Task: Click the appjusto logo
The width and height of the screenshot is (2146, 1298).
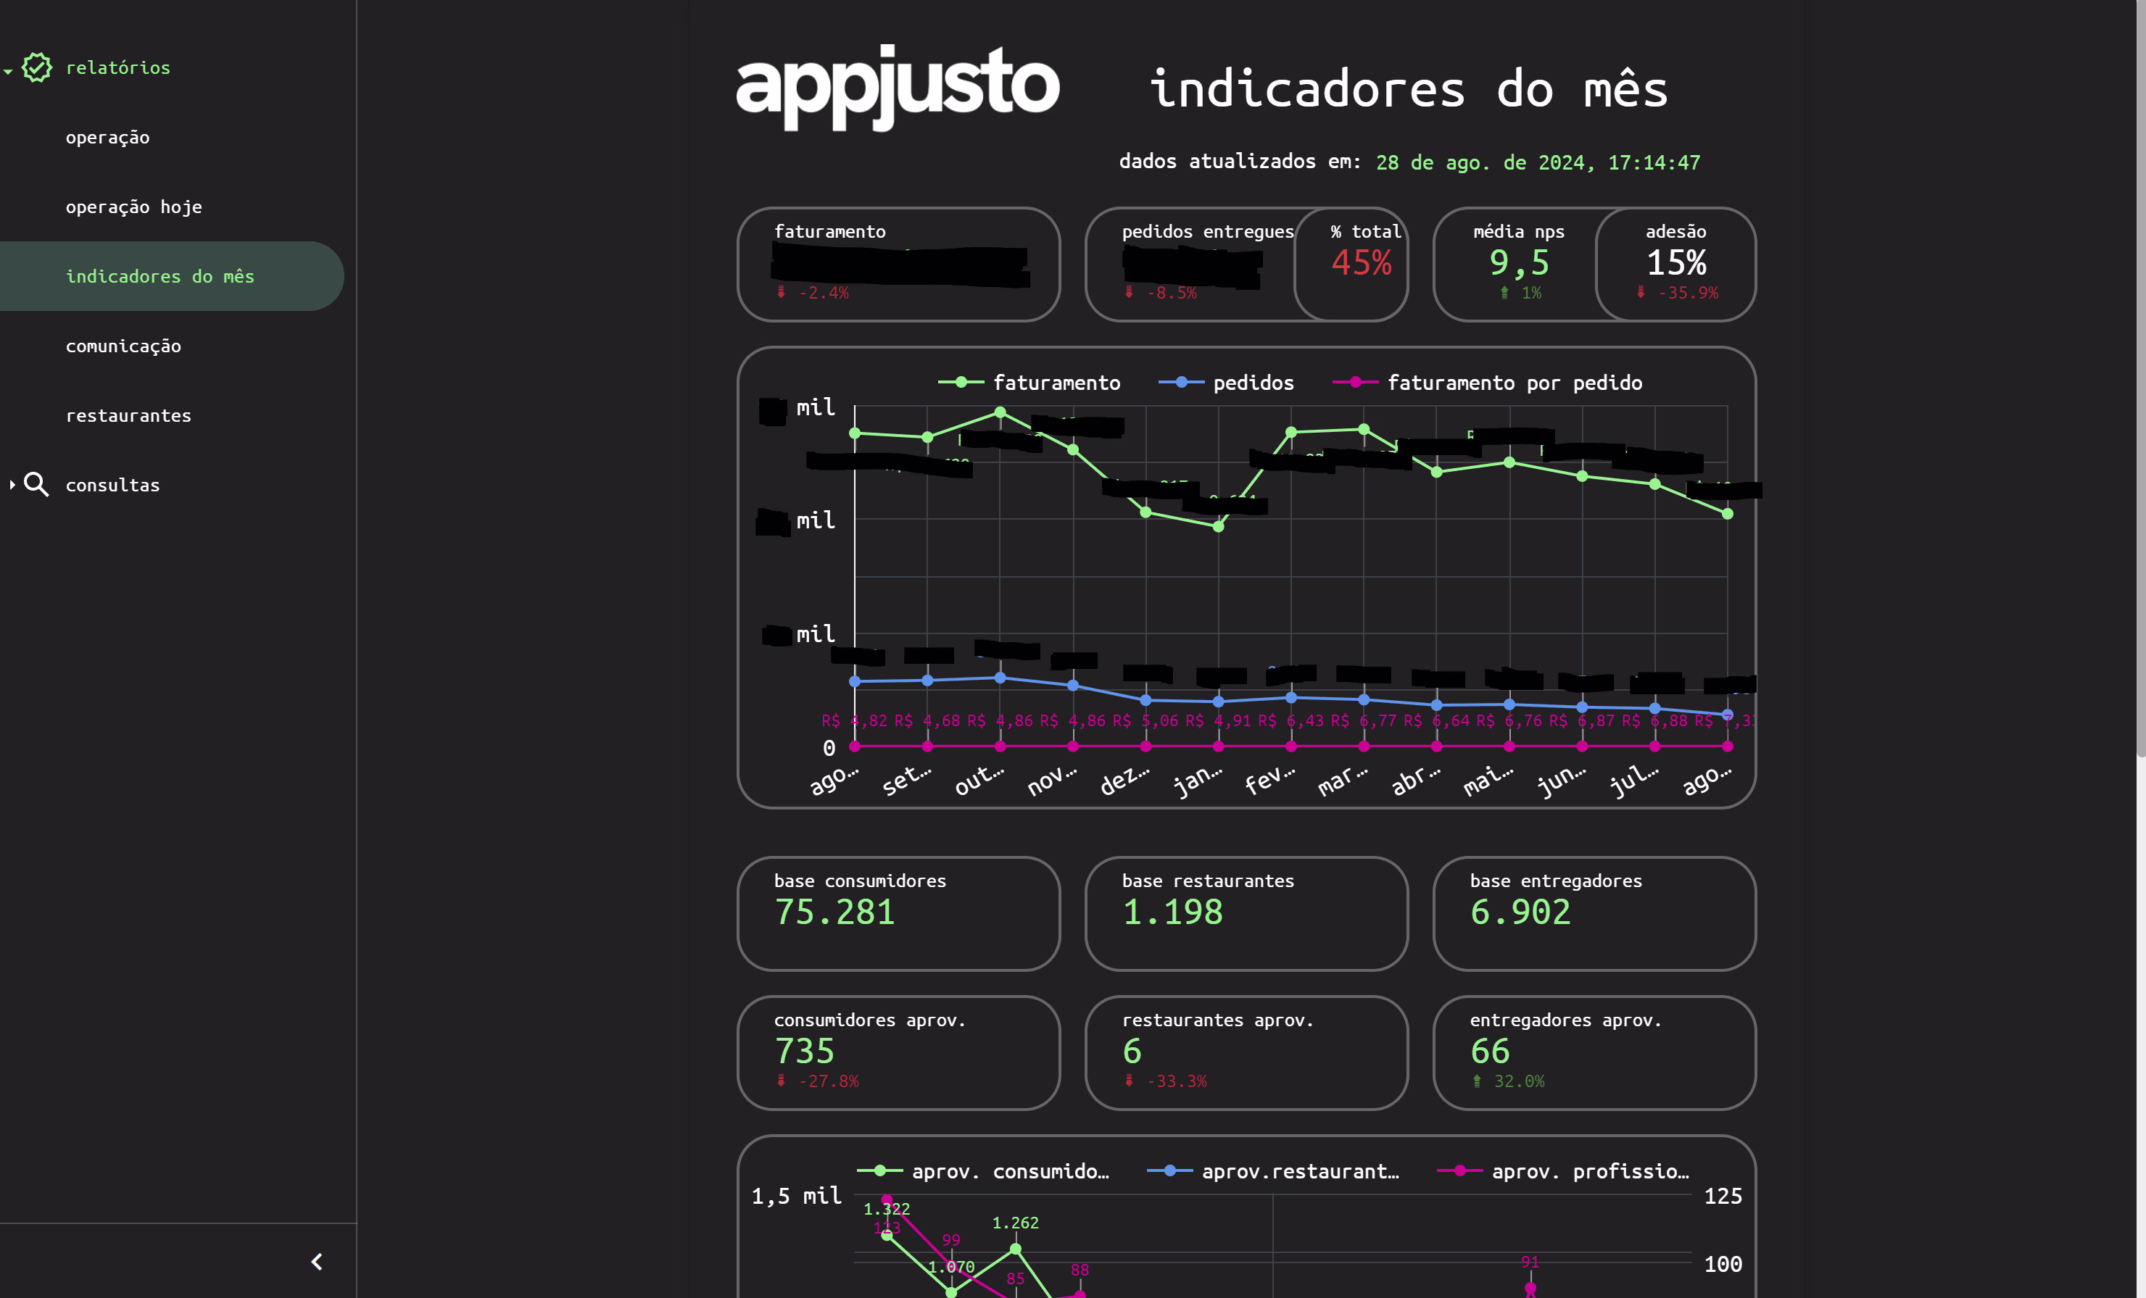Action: click(x=897, y=87)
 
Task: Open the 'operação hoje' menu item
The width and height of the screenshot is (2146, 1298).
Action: click(x=133, y=207)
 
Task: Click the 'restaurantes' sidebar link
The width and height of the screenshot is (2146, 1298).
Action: click(x=128, y=416)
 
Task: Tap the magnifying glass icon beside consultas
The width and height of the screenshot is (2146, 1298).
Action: click(x=36, y=484)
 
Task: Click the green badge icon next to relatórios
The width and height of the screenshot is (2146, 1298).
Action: click(x=36, y=67)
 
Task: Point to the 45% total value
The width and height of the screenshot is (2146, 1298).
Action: click(x=1362, y=263)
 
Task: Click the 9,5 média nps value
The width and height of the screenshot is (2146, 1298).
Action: click(x=1518, y=263)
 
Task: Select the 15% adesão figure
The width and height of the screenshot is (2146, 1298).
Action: click(x=1675, y=263)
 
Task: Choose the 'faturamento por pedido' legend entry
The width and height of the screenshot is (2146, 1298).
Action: click(x=1514, y=383)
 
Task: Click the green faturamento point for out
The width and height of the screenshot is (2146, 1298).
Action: click(x=1000, y=412)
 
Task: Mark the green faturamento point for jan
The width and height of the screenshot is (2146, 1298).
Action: click(x=1219, y=526)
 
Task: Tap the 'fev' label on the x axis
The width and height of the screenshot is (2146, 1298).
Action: click(x=1269, y=779)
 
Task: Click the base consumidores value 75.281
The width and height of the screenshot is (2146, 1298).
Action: click(x=834, y=912)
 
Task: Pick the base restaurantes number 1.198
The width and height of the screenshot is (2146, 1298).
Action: click(x=1172, y=912)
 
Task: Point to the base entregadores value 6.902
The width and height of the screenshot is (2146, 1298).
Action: click(x=1520, y=912)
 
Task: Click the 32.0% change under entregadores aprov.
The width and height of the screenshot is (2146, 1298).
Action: click(x=1518, y=1081)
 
